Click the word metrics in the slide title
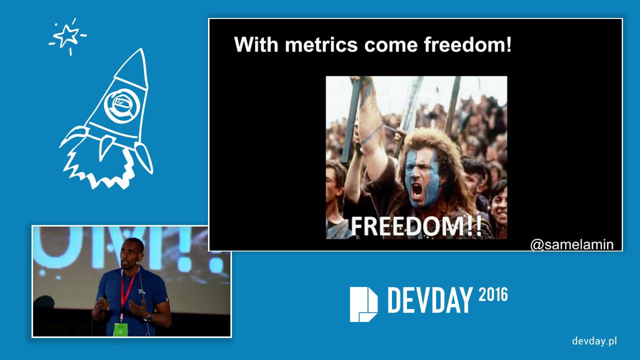click(321, 45)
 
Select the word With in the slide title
click(256, 45)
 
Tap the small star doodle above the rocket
click(67, 36)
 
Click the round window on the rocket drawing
click(118, 105)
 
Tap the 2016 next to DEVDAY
click(493, 295)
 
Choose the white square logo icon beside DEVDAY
click(363, 304)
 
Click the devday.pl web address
click(594, 341)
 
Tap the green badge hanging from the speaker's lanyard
click(120, 329)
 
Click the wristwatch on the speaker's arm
click(147, 317)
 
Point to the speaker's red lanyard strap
click(126, 290)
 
